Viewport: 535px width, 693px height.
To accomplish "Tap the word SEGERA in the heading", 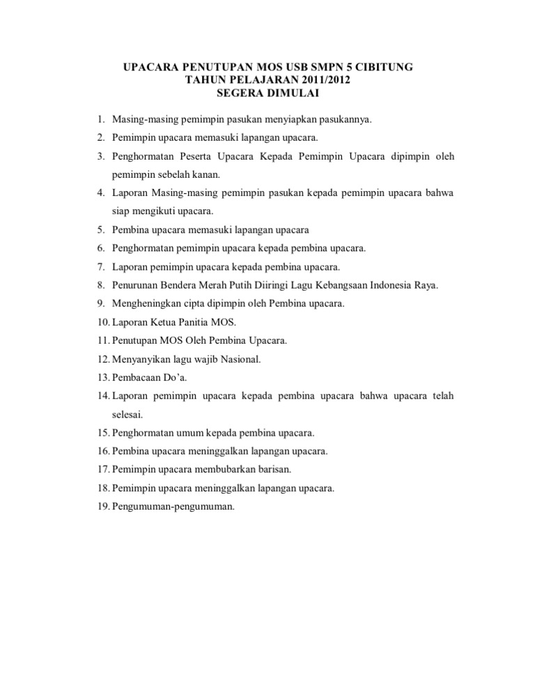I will (x=240, y=91).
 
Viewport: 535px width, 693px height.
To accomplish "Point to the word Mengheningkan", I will (x=146, y=303).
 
